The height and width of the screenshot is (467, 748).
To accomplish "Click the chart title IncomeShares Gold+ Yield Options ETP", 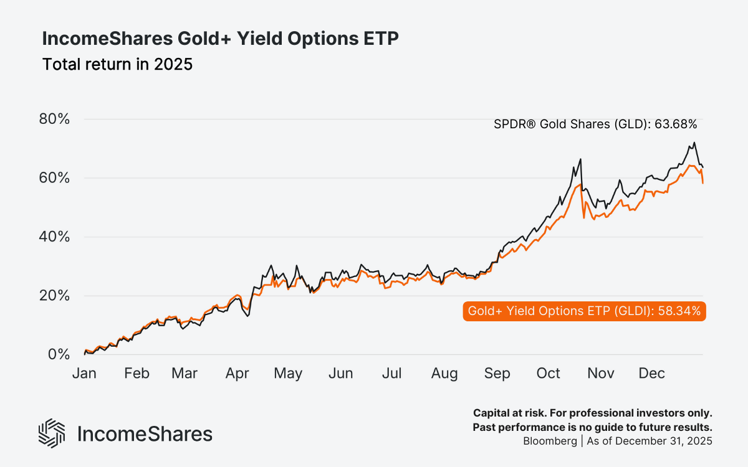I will click(x=220, y=39).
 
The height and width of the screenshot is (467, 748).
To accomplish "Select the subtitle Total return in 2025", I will click(x=117, y=64).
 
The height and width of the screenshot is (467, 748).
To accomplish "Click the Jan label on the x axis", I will click(x=84, y=374).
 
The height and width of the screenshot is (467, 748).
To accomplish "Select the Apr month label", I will click(x=237, y=374).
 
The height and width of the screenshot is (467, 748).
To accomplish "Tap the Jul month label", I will click(x=392, y=374).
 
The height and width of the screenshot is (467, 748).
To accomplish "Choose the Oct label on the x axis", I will click(x=549, y=374).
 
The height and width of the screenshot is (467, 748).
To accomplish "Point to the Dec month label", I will click(x=652, y=374).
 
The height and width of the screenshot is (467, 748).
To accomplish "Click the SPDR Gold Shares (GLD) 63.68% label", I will click(x=595, y=124).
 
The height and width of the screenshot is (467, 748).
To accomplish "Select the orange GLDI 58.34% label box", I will click(x=584, y=309).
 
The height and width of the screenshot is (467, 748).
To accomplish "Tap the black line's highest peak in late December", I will click(x=694, y=143).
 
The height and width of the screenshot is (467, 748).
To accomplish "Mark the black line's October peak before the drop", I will click(x=581, y=159).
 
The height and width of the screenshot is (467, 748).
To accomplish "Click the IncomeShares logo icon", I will click(x=52, y=433).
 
